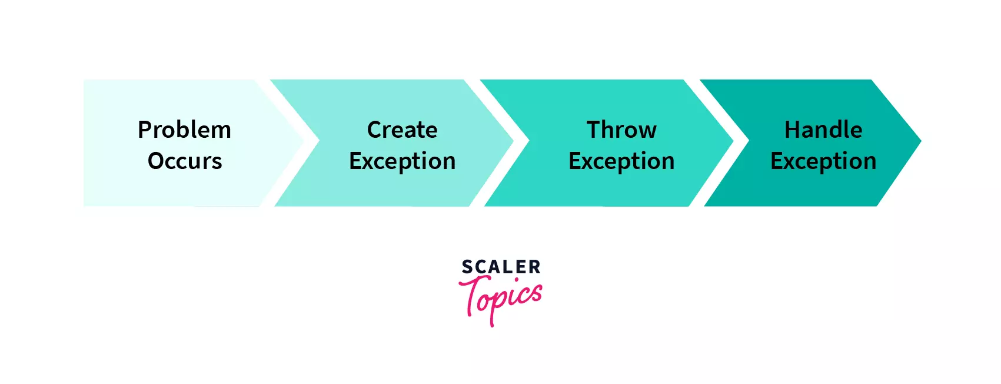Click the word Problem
coord(184,130)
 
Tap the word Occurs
coord(185,161)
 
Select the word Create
coord(402,130)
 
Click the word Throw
coord(621,130)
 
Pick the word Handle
coord(824,130)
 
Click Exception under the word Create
coord(402,161)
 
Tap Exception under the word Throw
coord(621,161)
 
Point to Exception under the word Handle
coord(824,161)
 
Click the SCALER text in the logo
coord(501,267)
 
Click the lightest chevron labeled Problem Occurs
coord(188,143)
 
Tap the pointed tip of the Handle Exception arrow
coord(921,141)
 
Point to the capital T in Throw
coord(594,130)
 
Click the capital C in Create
coord(374,130)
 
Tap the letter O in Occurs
coord(157,161)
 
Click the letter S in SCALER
coord(467,267)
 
